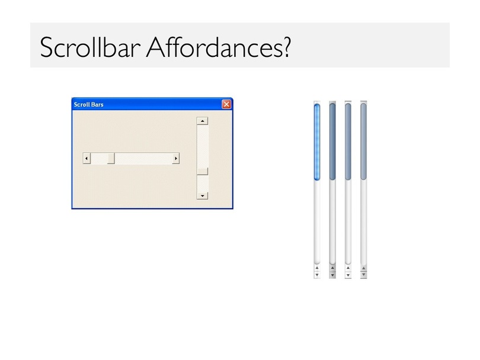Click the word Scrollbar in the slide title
pyautogui.click(x=90, y=48)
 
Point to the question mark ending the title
pyautogui.click(x=287, y=47)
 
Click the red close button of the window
pyautogui.click(x=226, y=105)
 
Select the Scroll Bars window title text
pyautogui.click(x=89, y=105)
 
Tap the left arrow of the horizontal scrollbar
pyautogui.click(x=87, y=159)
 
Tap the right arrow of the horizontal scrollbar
pyautogui.click(x=175, y=159)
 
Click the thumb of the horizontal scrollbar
pyautogui.click(x=111, y=159)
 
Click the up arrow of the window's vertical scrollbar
pyautogui.click(x=202, y=121)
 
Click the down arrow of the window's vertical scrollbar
pyautogui.click(x=202, y=196)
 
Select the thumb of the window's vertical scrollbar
pyautogui.click(x=202, y=171)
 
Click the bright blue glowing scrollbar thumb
pyautogui.click(x=317, y=142)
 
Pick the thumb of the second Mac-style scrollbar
pyautogui.click(x=332, y=142)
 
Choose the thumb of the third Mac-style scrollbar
pyautogui.click(x=348, y=142)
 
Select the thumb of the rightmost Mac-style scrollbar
pyautogui.click(x=364, y=142)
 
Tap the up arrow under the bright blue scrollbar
pyautogui.click(x=317, y=268)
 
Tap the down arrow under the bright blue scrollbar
pyautogui.click(x=317, y=275)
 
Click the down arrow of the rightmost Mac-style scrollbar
pyautogui.click(x=364, y=275)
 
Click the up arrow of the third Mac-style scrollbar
pyautogui.click(x=348, y=268)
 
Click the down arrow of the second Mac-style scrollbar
pyautogui.click(x=332, y=275)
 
